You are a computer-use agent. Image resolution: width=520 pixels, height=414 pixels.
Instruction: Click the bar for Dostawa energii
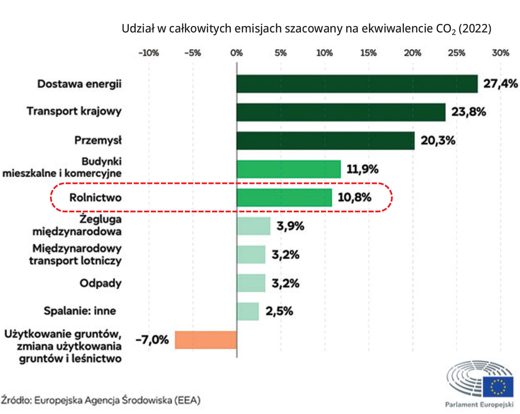pos(357,84)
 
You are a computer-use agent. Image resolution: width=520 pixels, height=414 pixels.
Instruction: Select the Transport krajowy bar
pos(341,112)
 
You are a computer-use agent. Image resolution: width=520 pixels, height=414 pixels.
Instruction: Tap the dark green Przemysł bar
pos(325,141)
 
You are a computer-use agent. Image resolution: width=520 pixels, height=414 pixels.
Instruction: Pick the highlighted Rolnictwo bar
pos(284,198)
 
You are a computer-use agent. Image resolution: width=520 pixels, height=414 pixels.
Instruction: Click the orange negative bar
pos(206,340)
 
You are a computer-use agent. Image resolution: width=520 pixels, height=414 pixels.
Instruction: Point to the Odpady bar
pos(251,283)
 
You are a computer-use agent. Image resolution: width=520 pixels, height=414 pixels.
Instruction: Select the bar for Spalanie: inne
pos(247,311)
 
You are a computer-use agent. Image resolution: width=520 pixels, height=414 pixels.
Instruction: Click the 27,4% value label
pos(500,84)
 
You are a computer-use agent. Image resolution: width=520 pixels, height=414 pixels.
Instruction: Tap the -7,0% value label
pos(152,340)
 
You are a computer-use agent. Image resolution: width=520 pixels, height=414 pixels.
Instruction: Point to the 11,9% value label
pos(362,169)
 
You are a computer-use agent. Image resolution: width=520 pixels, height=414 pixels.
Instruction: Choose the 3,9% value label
pos(290,226)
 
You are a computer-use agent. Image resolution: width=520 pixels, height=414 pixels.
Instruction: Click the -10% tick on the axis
pos(149,53)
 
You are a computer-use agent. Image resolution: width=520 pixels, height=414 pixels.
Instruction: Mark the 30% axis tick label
pos(500,53)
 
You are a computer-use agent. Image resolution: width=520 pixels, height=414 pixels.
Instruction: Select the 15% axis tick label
pos(368,53)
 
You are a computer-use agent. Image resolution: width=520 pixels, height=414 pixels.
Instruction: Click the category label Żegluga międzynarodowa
pos(77,225)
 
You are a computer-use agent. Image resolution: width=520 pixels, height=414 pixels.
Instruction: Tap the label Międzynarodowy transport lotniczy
pos(75,254)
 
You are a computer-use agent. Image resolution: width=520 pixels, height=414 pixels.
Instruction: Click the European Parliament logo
pos(480,384)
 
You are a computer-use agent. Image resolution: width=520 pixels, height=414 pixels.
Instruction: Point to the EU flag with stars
pos(498,387)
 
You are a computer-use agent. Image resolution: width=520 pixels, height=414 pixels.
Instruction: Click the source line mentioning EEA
pos(100,400)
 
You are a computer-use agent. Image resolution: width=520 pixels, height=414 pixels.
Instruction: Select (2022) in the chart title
pos(474,29)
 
